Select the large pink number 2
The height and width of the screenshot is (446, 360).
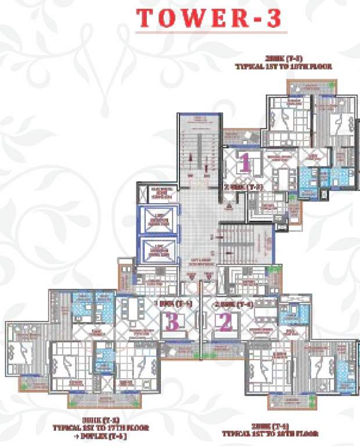click(225, 322)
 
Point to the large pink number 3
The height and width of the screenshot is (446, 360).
click(172, 322)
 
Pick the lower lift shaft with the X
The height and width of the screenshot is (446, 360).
click(158, 249)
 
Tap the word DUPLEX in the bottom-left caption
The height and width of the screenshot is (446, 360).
click(110, 436)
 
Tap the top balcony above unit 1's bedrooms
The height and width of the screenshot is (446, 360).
click(311, 86)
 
